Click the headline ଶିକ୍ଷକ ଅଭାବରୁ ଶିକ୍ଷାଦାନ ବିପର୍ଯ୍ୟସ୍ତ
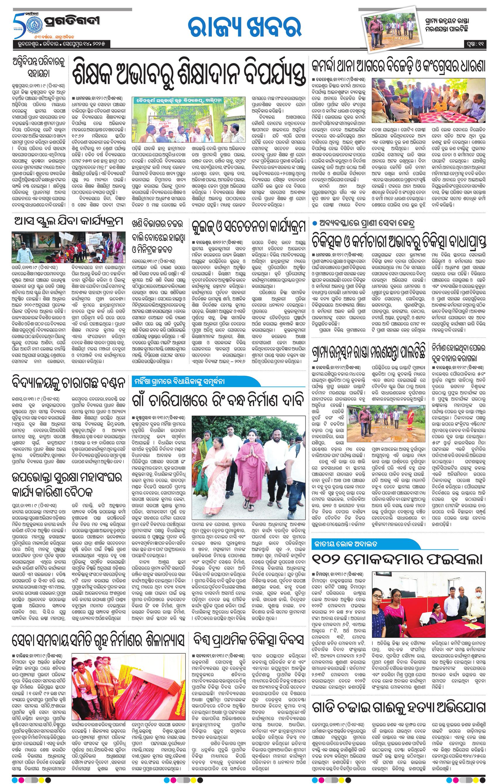pyautogui.click(x=190, y=74)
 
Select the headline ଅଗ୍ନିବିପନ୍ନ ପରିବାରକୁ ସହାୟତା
pyautogui.click(x=39, y=68)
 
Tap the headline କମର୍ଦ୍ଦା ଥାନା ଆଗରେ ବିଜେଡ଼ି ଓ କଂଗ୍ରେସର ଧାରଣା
pyautogui.click(x=398, y=67)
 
